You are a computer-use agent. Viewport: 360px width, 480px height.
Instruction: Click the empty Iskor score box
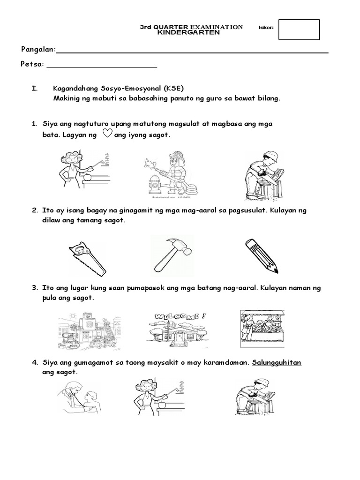pyautogui.click(x=299, y=30)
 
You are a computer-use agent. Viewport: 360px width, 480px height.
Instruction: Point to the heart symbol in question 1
pyautogui.click(x=106, y=134)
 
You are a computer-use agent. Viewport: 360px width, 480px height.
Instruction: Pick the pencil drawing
pyautogui.click(x=262, y=255)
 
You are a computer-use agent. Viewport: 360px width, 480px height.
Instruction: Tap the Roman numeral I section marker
pyautogui.click(x=33, y=88)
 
